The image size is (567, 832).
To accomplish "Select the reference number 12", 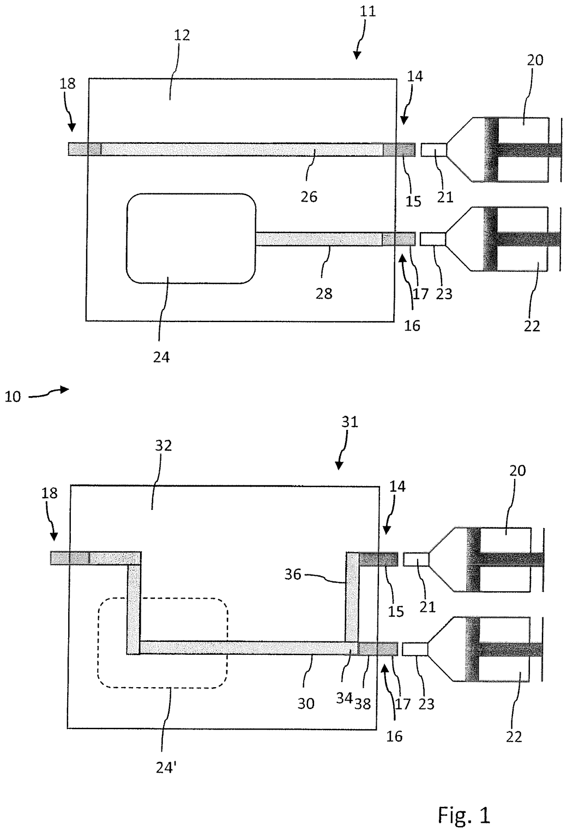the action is [x=182, y=35].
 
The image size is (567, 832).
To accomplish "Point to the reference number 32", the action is [x=163, y=445].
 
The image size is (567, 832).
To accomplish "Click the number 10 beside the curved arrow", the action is [x=13, y=397].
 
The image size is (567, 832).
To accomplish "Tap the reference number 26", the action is [x=309, y=197].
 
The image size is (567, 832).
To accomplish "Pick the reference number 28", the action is [x=324, y=293].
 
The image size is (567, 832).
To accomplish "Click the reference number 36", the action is [x=293, y=574].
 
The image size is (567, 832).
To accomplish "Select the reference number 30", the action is [x=306, y=704].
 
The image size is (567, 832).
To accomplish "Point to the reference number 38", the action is [x=363, y=704].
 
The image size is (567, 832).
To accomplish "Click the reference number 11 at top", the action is [x=368, y=11].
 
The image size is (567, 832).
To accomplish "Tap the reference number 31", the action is [x=350, y=422].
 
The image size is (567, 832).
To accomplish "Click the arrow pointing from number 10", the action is [x=49, y=392].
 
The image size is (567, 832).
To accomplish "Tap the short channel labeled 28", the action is [x=319, y=239].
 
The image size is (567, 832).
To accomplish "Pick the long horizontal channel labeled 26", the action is [x=242, y=149].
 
